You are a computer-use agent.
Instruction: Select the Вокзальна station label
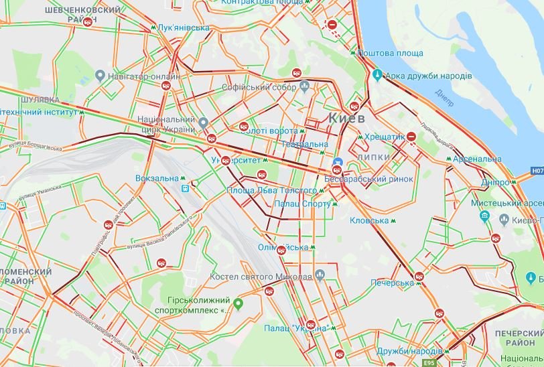pos(156,179)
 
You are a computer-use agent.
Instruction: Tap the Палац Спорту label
pos(301,204)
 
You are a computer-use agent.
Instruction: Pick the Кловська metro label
pos(369,220)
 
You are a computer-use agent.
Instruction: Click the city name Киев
pos(346,118)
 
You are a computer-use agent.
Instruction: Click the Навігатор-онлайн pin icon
pos(100,76)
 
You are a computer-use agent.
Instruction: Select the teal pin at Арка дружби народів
pos(377,75)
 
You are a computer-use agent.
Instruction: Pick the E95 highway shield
pos(429,362)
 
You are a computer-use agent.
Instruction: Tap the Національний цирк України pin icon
pos(204,124)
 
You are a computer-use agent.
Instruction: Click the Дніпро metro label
pos(497,182)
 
